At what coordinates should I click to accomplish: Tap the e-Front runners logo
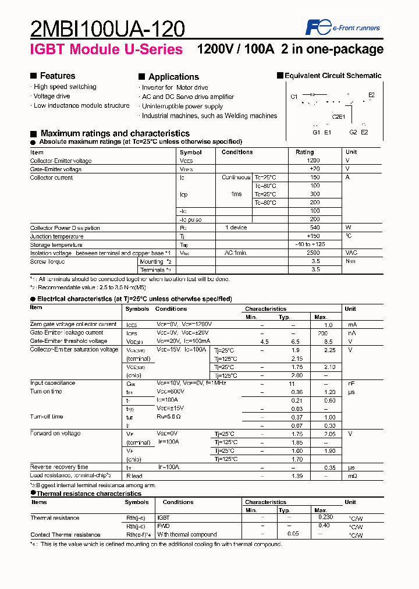[x=343, y=27]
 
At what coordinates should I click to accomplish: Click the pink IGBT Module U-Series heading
[x=106, y=49]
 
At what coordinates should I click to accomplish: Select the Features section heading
[x=57, y=76]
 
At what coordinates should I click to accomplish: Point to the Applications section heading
[x=173, y=77]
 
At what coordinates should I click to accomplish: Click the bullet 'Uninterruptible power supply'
[x=182, y=107]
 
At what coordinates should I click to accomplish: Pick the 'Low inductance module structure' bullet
[x=81, y=105]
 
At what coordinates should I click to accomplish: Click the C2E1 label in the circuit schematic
[x=339, y=116]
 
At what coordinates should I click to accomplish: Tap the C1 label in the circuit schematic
[x=294, y=96]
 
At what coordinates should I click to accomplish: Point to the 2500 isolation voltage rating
[x=313, y=253]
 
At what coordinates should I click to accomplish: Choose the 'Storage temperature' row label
[x=56, y=245]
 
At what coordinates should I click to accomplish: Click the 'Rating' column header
[x=305, y=152]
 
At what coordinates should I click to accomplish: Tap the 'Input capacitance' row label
[x=52, y=383]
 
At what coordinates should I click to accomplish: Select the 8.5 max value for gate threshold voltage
[x=329, y=341]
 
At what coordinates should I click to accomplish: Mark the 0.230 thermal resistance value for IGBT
[x=326, y=516]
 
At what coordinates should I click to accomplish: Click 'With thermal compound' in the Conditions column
[x=187, y=534]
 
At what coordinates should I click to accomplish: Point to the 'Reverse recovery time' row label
[x=59, y=467]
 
